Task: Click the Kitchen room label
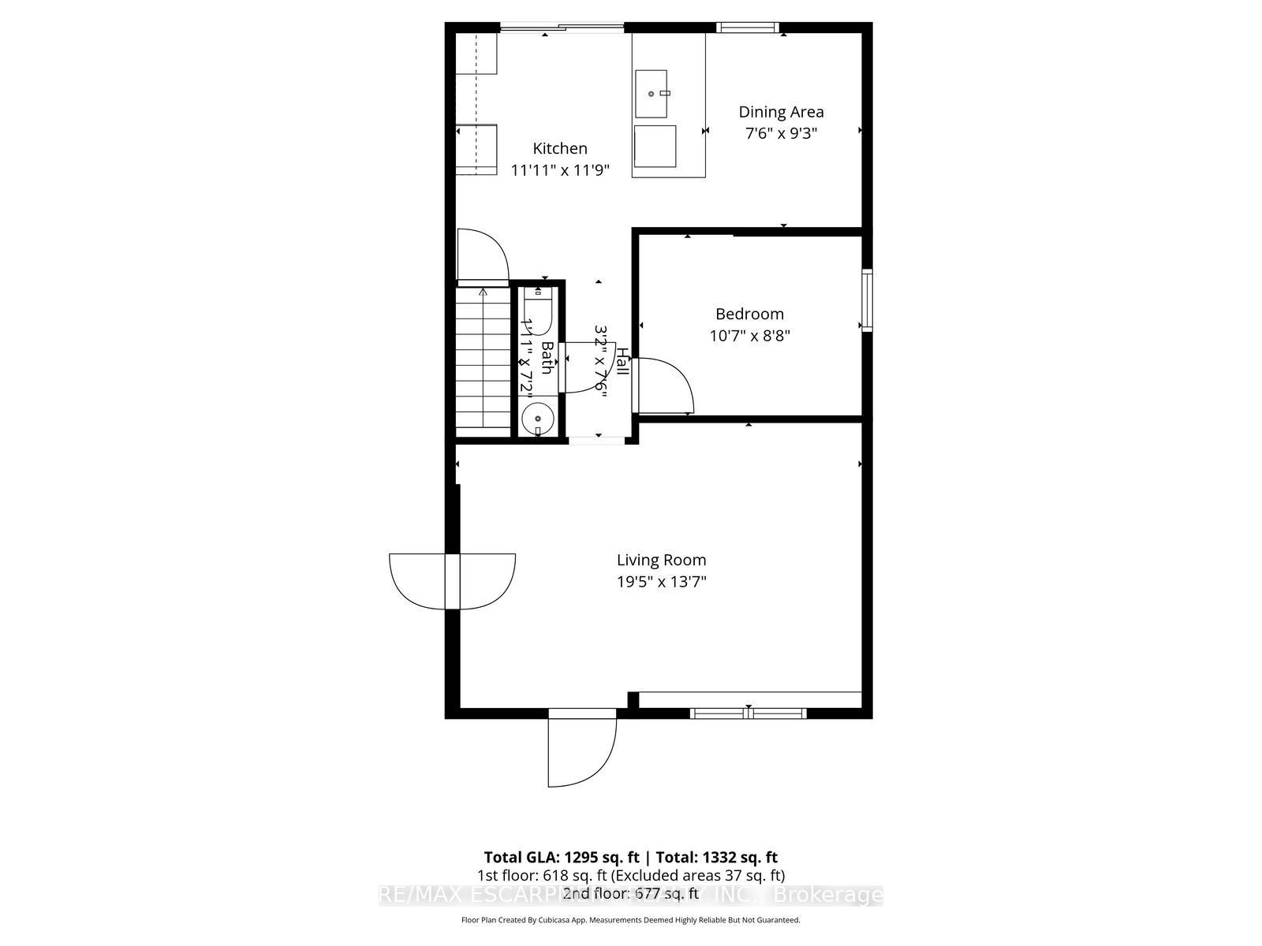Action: pos(560,148)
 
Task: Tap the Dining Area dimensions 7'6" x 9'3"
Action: pos(781,133)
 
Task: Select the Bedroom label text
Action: pos(749,314)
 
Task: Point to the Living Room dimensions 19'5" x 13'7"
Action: pos(661,583)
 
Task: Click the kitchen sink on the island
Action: pos(652,92)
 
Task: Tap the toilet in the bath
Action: pos(539,304)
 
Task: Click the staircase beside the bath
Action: pos(483,359)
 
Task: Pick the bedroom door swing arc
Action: pos(666,386)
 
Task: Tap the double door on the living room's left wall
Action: pos(452,582)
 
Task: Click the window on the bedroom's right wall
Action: pos(867,300)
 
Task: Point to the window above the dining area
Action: pos(748,28)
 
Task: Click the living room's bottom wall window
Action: pos(748,713)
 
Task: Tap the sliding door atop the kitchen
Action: pos(562,28)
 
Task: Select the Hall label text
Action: pos(622,362)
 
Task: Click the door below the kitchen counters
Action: pos(481,256)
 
